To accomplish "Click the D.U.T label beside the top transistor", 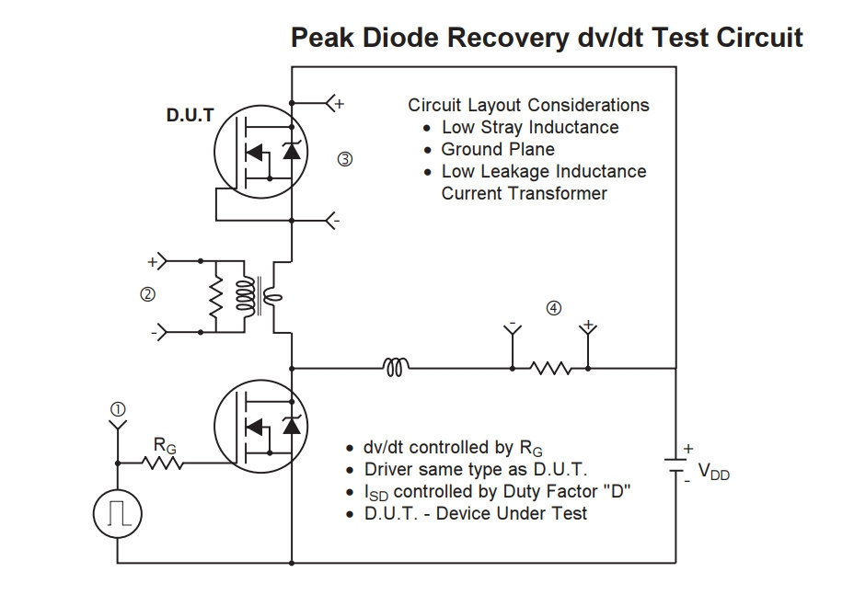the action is pos(190,115).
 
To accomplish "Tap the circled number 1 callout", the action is pos(118,409).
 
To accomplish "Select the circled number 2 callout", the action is pos(147,294).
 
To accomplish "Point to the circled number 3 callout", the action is pos(345,159).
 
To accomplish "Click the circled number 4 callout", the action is pos(553,309).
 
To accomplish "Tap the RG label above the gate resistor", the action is pos(165,446).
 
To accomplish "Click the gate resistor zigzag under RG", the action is pos(162,463).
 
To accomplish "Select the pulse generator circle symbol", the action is pos(118,514).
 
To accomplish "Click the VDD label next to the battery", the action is pos(713,472).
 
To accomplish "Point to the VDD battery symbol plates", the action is pos(676,465).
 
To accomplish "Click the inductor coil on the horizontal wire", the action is pos(396,368).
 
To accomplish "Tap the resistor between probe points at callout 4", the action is pos(550,369).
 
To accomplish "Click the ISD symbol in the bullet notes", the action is pos(375,493).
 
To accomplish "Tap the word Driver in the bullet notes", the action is pos(387,469).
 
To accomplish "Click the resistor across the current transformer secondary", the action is pos(216,297).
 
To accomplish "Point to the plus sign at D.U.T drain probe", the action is pos(340,103).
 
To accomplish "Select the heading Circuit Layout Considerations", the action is pos(528,105).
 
